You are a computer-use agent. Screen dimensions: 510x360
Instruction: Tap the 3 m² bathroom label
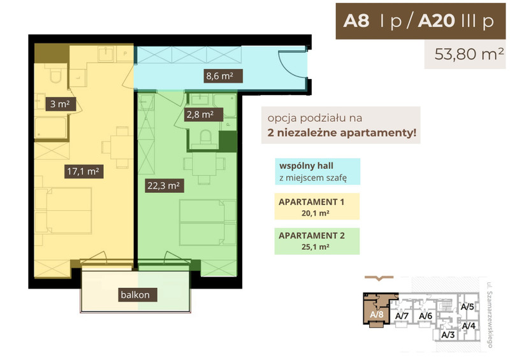click(x=61, y=104)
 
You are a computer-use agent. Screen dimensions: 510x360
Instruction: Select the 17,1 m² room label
click(x=84, y=171)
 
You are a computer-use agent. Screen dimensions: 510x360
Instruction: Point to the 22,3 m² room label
click(x=164, y=185)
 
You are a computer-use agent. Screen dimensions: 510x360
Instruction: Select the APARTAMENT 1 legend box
click(x=317, y=206)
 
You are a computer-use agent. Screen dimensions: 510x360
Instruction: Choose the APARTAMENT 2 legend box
click(x=317, y=241)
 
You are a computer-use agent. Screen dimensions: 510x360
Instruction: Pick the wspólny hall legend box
click(x=317, y=171)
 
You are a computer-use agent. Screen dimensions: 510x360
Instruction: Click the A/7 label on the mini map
click(x=402, y=316)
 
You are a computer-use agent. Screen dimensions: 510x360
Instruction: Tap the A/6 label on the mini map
click(x=425, y=316)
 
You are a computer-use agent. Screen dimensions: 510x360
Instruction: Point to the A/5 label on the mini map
click(x=467, y=306)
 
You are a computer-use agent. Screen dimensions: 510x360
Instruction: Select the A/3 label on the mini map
click(x=448, y=335)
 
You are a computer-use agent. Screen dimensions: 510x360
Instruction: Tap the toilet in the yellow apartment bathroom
click(x=55, y=75)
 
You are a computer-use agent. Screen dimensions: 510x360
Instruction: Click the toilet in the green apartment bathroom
click(x=205, y=137)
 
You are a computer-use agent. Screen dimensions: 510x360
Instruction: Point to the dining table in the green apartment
click(x=204, y=165)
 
